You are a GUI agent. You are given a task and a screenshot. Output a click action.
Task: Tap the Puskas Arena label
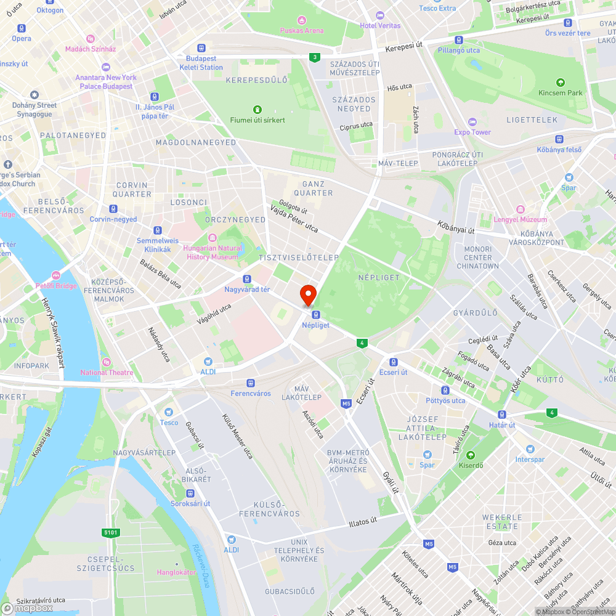point(301,30)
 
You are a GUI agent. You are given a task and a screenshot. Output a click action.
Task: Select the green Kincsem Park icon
point(560,83)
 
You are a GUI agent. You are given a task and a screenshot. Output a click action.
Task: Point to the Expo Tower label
point(472,132)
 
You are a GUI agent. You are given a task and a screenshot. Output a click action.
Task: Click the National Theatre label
point(107,372)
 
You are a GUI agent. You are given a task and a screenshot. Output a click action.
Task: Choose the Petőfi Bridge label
point(56,286)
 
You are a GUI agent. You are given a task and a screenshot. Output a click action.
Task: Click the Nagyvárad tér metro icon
point(246,279)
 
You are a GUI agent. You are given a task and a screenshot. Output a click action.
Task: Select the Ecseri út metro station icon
point(393,362)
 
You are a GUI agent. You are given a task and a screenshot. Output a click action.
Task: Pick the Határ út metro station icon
point(502,415)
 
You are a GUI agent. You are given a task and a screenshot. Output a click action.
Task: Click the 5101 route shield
point(110,532)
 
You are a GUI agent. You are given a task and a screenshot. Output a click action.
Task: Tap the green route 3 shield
point(315,57)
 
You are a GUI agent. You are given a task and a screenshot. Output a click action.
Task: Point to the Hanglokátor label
point(176,572)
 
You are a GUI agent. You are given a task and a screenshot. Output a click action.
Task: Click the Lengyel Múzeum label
point(521,219)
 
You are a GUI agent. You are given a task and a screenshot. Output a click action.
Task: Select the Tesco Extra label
point(437,8)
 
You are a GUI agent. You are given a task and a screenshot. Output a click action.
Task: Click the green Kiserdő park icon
point(471,455)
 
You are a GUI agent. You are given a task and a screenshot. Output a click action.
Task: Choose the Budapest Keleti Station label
point(201,63)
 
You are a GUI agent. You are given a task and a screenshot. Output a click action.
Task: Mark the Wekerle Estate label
point(502,522)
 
